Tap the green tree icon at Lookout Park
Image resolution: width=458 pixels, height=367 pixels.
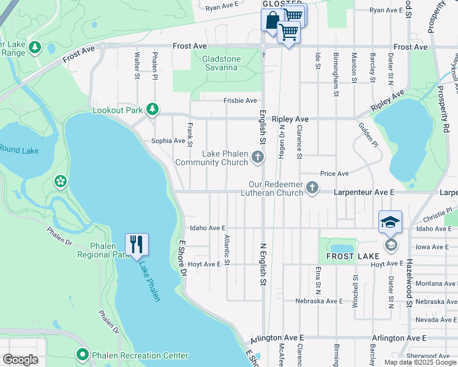[152, 110]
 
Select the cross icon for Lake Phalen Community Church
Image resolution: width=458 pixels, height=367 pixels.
[258, 158]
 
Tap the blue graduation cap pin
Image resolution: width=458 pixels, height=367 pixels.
[390, 222]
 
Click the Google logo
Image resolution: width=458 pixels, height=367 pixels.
[20, 360]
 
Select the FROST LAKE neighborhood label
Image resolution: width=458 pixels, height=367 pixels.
[347, 256]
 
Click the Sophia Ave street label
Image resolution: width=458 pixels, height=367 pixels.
[168, 141]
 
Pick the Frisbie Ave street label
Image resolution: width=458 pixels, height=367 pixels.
[240, 100]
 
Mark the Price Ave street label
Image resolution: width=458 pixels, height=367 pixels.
[334, 174]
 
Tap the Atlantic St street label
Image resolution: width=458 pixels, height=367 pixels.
[227, 250]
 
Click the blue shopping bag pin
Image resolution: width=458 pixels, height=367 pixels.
[271, 20]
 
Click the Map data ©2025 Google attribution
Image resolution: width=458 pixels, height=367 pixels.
[420, 362]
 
